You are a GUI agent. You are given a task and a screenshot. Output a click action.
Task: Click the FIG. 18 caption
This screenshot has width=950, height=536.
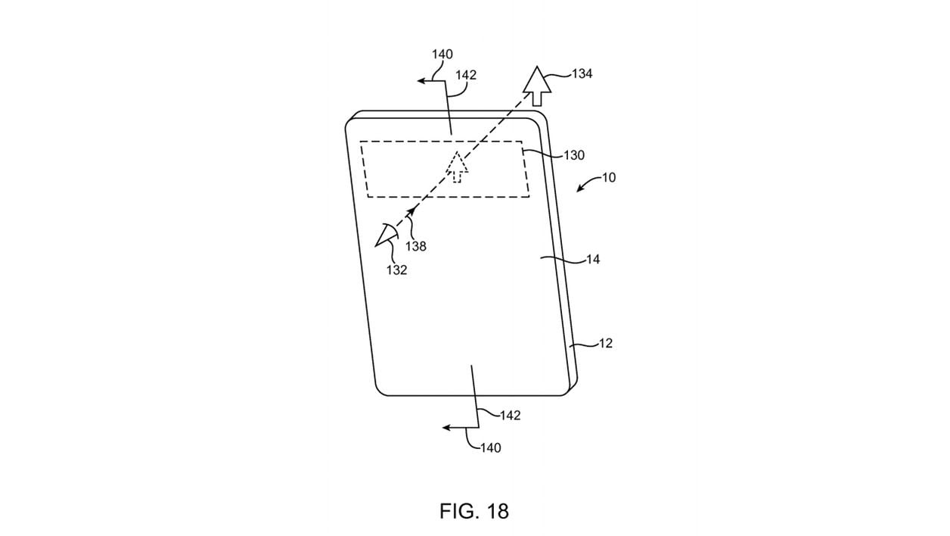tap(473, 511)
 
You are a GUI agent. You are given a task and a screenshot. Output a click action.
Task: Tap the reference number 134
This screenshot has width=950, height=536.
tap(582, 74)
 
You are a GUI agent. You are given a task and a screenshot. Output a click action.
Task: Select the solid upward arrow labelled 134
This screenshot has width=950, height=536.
tap(537, 86)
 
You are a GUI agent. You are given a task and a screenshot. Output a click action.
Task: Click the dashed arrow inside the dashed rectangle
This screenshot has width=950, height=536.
tap(457, 167)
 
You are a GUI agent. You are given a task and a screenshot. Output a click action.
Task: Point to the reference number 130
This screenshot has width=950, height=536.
tap(574, 155)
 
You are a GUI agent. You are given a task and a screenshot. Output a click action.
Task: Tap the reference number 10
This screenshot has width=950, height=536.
tap(609, 177)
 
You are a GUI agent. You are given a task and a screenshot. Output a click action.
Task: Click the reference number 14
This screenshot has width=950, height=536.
tap(592, 260)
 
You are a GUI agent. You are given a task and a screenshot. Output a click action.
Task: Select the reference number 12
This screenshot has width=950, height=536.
tap(605, 343)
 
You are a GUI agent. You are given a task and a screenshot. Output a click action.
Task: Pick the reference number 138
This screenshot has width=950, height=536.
tap(416, 246)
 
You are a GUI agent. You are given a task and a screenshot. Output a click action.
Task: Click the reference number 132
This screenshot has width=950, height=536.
tap(396, 270)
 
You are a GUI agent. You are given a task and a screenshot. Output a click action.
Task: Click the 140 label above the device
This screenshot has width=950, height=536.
tap(442, 55)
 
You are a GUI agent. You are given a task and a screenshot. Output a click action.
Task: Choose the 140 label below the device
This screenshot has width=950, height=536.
tap(490, 447)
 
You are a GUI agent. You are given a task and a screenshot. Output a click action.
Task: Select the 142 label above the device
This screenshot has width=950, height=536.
tap(466, 75)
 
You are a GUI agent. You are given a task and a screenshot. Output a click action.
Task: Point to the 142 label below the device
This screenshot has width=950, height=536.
tap(510, 415)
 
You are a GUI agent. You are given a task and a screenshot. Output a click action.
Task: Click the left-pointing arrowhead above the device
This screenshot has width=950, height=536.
tap(421, 81)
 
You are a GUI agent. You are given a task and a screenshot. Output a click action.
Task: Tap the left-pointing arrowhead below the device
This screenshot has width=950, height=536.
tap(446, 427)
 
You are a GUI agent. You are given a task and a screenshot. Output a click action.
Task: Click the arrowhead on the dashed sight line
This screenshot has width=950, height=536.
tap(411, 211)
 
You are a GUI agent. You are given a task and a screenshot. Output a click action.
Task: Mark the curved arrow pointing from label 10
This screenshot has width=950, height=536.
tap(588, 183)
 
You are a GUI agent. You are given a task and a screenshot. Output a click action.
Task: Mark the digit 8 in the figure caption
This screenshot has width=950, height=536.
tap(504, 511)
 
